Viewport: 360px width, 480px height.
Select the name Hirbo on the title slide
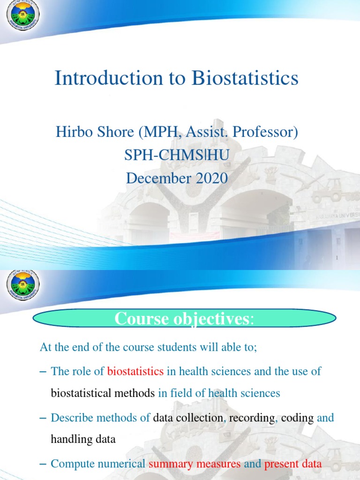pos(71,132)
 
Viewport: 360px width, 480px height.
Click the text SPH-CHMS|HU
pos(177,155)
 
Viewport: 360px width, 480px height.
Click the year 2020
pos(209,178)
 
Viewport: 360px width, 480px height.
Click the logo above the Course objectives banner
pos(23,287)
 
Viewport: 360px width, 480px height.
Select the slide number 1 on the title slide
pos(337,258)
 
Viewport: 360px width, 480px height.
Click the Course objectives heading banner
pos(184,319)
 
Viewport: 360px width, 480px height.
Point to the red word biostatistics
pos(135,372)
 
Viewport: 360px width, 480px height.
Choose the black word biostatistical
pos(89,393)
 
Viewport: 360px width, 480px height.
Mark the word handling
pos(68,440)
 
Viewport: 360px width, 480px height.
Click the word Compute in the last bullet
pos(71,464)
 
